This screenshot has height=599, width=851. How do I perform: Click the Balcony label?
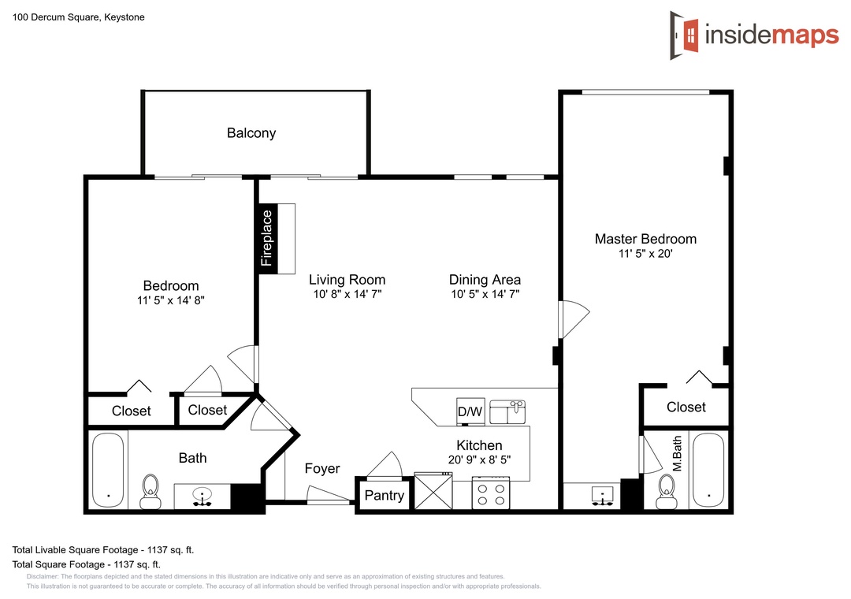coord(251,133)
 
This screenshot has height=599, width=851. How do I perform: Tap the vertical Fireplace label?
coord(266,238)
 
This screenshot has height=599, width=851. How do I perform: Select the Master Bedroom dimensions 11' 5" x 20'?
coord(645,254)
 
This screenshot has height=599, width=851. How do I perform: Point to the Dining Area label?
coord(485,280)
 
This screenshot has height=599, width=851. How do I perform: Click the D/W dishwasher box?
coord(470,411)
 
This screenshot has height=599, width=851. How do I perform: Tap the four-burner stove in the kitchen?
coord(491,493)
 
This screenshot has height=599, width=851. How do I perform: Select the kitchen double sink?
coord(507,412)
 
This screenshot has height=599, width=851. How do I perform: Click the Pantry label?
coord(385,495)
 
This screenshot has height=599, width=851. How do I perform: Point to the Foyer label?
coord(321,469)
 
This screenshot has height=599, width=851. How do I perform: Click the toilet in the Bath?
coord(151,492)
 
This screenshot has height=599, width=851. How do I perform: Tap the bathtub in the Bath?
coord(108,471)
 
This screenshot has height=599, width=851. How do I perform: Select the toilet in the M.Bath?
coord(667,492)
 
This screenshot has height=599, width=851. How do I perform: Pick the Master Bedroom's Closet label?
coord(686,407)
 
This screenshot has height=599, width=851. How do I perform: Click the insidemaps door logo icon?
coord(685,35)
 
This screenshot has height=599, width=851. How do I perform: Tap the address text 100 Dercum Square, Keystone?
coord(79,17)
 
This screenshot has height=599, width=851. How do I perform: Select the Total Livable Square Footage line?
coord(103,550)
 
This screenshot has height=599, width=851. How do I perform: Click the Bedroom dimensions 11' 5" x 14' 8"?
coord(170,300)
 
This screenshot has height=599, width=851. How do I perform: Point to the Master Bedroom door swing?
coord(574,319)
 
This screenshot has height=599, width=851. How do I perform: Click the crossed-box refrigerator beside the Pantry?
coord(433,491)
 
